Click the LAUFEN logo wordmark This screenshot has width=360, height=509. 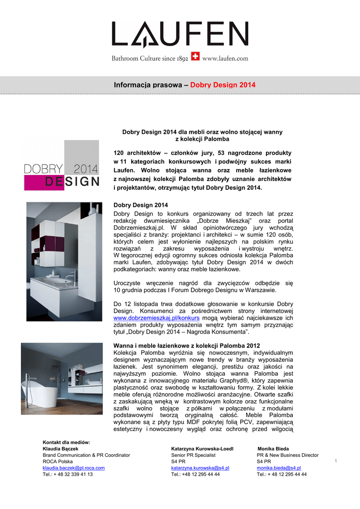[x=180, y=35]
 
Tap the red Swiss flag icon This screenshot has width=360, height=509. [x=195, y=58]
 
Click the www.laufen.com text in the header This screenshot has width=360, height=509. [x=225, y=58]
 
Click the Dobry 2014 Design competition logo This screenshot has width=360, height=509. [x=62, y=166]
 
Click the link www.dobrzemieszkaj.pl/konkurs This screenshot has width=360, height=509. [x=157, y=317]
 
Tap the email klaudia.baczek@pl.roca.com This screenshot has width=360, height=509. [x=74, y=468]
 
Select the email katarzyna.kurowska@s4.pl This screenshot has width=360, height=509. [x=200, y=468]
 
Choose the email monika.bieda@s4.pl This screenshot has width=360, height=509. [x=278, y=468]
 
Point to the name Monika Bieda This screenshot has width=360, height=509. [x=273, y=448]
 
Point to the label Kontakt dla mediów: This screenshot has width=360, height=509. [x=66, y=442]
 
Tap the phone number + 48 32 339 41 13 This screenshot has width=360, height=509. [x=68, y=474]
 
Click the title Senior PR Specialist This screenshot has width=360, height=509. [x=193, y=455]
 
